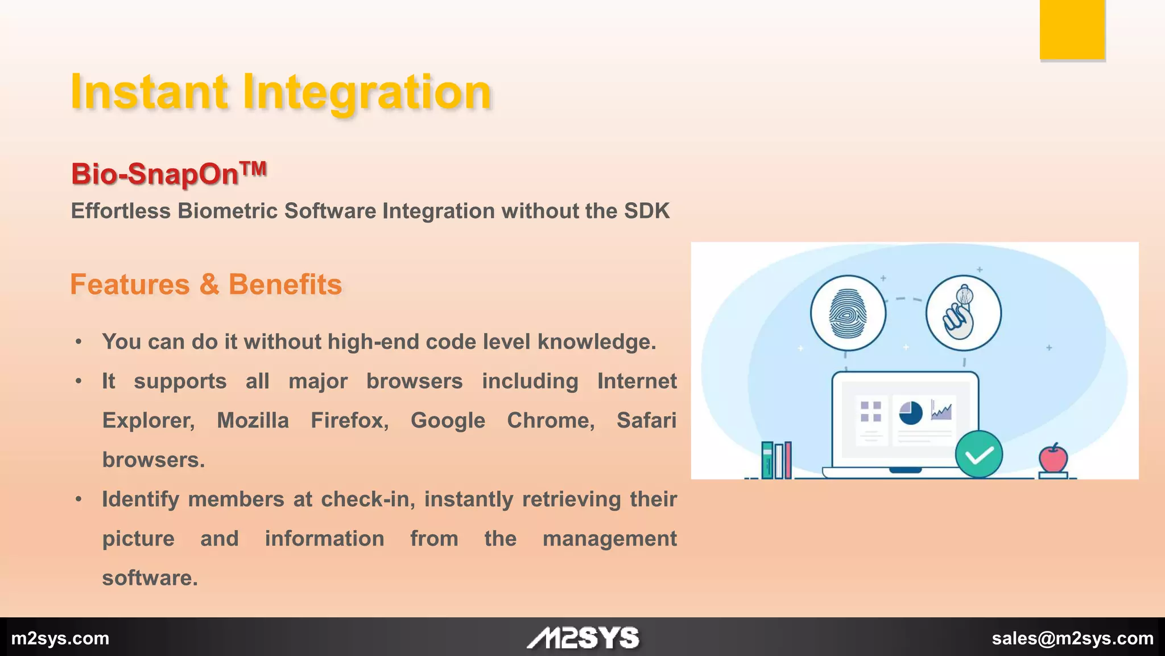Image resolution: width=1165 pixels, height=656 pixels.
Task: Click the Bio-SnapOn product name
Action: coord(155,174)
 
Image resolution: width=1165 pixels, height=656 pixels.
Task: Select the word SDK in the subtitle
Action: coord(647,211)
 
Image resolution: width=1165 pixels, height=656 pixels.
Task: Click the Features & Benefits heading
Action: coord(206,284)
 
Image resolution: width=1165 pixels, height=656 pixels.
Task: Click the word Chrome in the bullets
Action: coord(550,420)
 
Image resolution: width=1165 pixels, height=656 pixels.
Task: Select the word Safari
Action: coord(646,420)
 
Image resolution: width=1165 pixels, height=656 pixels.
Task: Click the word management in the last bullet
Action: coord(609,539)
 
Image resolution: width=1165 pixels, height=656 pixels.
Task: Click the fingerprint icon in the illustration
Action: coord(848,314)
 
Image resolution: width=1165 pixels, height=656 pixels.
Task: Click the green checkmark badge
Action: coord(978,454)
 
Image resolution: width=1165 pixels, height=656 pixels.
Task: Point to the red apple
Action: coord(1053,458)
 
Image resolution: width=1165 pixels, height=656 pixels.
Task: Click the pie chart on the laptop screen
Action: coord(910,413)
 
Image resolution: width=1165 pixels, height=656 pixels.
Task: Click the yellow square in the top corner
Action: coord(1072,30)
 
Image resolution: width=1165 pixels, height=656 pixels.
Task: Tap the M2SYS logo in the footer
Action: coord(583,638)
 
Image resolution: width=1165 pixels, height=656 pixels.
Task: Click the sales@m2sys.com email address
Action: coord(1072,638)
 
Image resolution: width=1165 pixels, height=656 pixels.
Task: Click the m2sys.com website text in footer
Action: coord(60,638)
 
